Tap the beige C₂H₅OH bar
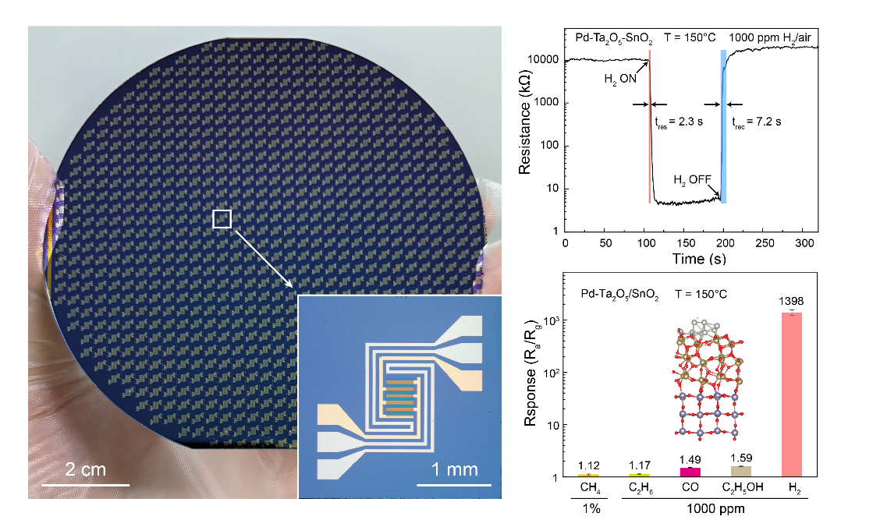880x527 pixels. [x=740, y=471]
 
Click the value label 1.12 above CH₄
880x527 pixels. [x=588, y=465]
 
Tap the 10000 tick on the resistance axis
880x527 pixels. [x=544, y=60]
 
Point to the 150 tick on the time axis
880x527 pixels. [x=683, y=244]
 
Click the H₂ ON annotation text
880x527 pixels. [x=620, y=79]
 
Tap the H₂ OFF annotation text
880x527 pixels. [x=690, y=180]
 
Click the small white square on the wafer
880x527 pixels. [x=222, y=219]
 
